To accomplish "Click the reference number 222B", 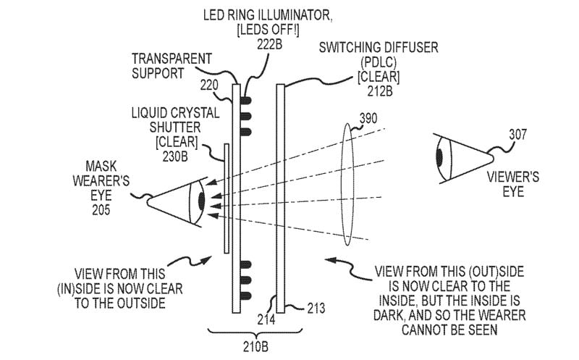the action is coord(269,44).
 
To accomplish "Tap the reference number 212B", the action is coord(379,91).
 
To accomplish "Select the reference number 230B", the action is coord(175,156).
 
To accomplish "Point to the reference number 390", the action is coord(368,118).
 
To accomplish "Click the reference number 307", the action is coord(517,135).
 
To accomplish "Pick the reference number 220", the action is coord(209,85).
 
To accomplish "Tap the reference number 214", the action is coord(266,319).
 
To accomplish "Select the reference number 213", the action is coord(316,308).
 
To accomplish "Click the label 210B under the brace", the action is coord(255,347).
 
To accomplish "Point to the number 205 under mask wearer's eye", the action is coord(101,210).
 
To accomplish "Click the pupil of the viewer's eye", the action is coord(439,157).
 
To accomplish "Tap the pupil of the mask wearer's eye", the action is coord(201,201).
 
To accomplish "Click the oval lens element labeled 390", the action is coord(347,184).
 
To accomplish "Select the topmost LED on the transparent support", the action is coord(246,100).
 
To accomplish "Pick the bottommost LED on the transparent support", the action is coord(246,296).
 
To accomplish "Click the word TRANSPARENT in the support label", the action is coord(172,59).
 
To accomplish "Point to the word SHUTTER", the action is coord(175,127).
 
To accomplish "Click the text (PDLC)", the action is coord(379,62).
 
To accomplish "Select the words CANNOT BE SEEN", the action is coord(449,330).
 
